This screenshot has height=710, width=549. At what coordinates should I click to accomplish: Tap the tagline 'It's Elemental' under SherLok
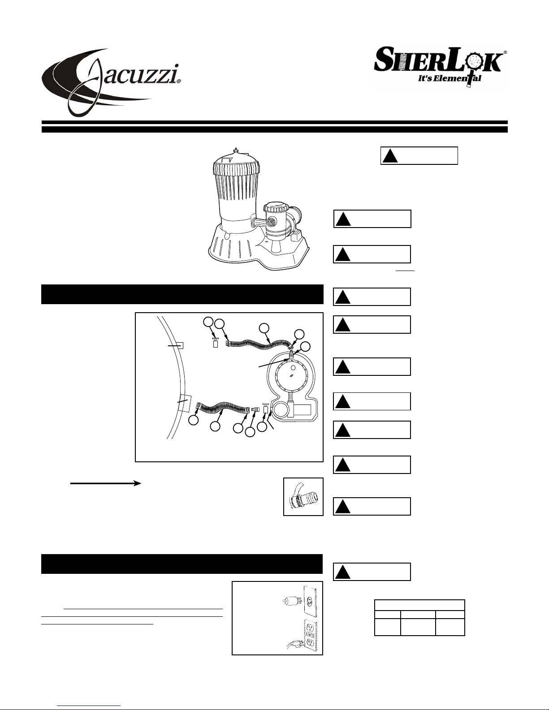click(450, 78)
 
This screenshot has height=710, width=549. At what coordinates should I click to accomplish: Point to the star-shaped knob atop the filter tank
click(236, 151)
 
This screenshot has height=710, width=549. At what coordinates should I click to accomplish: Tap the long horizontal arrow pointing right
click(106, 483)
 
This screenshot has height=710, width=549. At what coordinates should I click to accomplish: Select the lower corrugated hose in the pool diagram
click(223, 408)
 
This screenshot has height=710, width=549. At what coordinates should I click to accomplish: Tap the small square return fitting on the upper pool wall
click(180, 345)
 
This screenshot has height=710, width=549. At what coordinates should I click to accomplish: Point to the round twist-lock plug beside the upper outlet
click(290, 600)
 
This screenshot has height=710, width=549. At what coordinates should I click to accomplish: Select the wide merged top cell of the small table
click(419, 605)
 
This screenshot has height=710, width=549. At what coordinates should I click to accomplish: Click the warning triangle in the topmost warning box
click(390, 156)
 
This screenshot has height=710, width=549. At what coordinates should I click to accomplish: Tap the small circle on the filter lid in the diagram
click(293, 368)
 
